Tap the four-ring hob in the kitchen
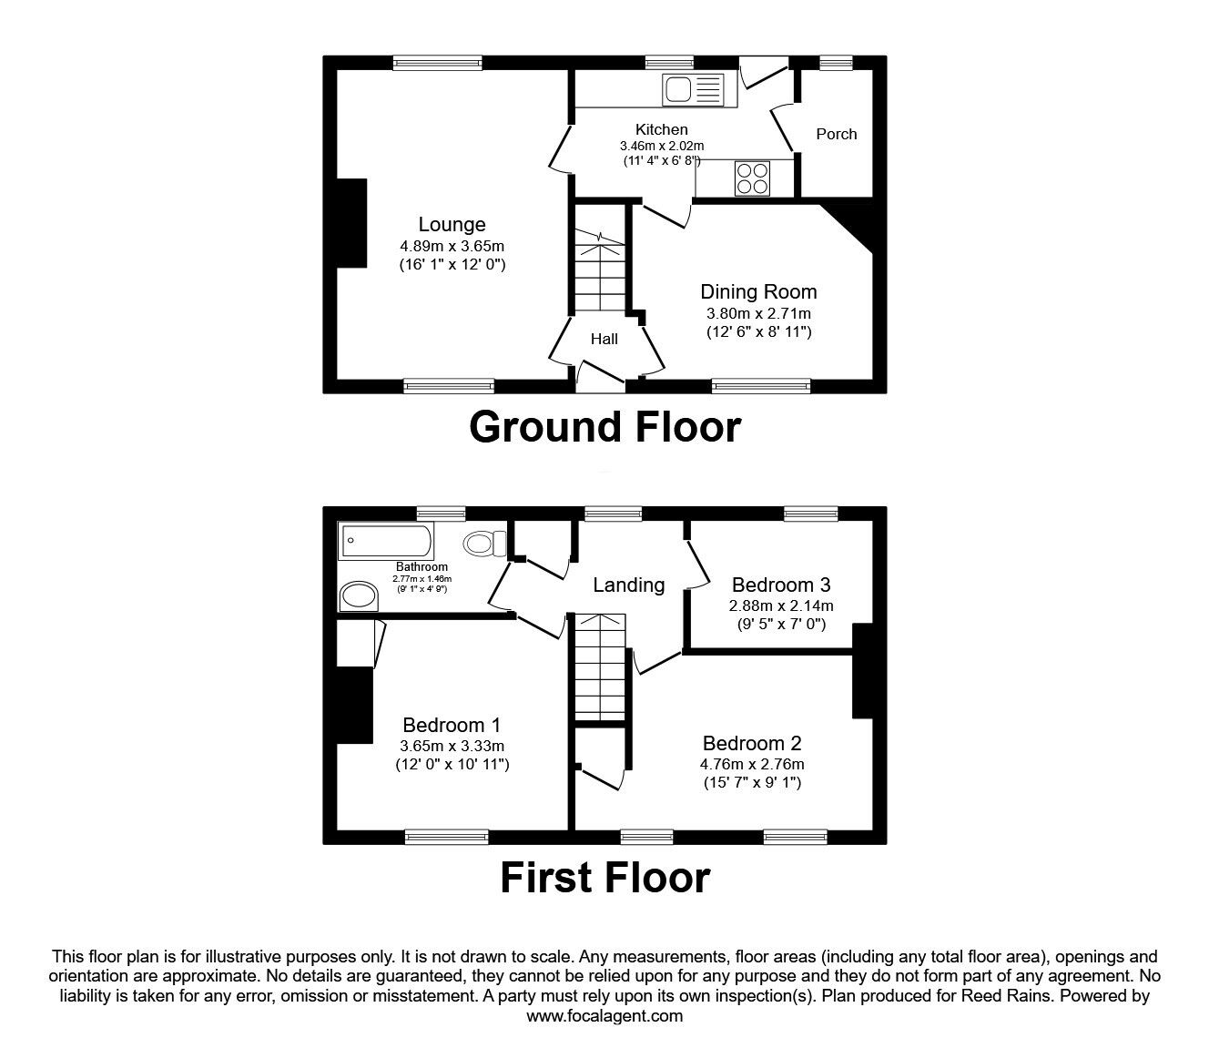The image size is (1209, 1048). (x=752, y=178)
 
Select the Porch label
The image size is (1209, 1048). (x=836, y=134)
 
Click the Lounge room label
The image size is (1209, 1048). (x=452, y=225)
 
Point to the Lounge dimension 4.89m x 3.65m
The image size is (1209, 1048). (x=452, y=247)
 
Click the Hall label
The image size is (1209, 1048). (x=604, y=339)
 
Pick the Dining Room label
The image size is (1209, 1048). (x=758, y=292)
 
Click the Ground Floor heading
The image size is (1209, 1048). (x=604, y=427)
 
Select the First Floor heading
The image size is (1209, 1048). (x=604, y=878)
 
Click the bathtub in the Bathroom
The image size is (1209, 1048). (x=386, y=544)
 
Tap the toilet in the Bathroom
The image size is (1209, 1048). (x=484, y=544)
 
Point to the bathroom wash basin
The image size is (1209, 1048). (x=358, y=596)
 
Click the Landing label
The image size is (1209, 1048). (x=628, y=585)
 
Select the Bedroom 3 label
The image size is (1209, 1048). (x=780, y=585)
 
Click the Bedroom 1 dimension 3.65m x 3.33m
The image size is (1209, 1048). (x=452, y=746)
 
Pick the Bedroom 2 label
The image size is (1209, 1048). (x=752, y=743)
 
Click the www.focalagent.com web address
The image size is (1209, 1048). (x=604, y=1016)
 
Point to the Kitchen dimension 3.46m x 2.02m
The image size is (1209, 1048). (x=662, y=146)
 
